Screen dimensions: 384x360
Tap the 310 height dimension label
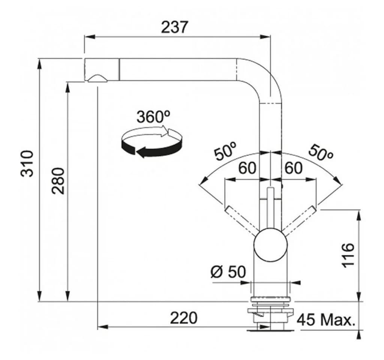(x=27, y=163)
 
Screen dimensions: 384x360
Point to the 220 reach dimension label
(x=184, y=318)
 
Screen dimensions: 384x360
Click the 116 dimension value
(x=348, y=255)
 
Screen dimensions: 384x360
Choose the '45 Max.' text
(x=326, y=319)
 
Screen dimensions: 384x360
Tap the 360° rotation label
(x=153, y=117)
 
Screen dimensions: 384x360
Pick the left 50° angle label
(x=225, y=151)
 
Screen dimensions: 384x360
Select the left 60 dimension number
(x=247, y=168)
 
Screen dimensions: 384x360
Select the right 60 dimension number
(x=294, y=168)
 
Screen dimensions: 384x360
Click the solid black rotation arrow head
(x=141, y=152)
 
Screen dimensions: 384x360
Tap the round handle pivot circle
(x=270, y=245)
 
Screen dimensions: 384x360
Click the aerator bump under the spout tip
(x=97, y=78)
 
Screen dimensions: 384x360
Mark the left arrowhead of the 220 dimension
(x=103, y=327)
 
